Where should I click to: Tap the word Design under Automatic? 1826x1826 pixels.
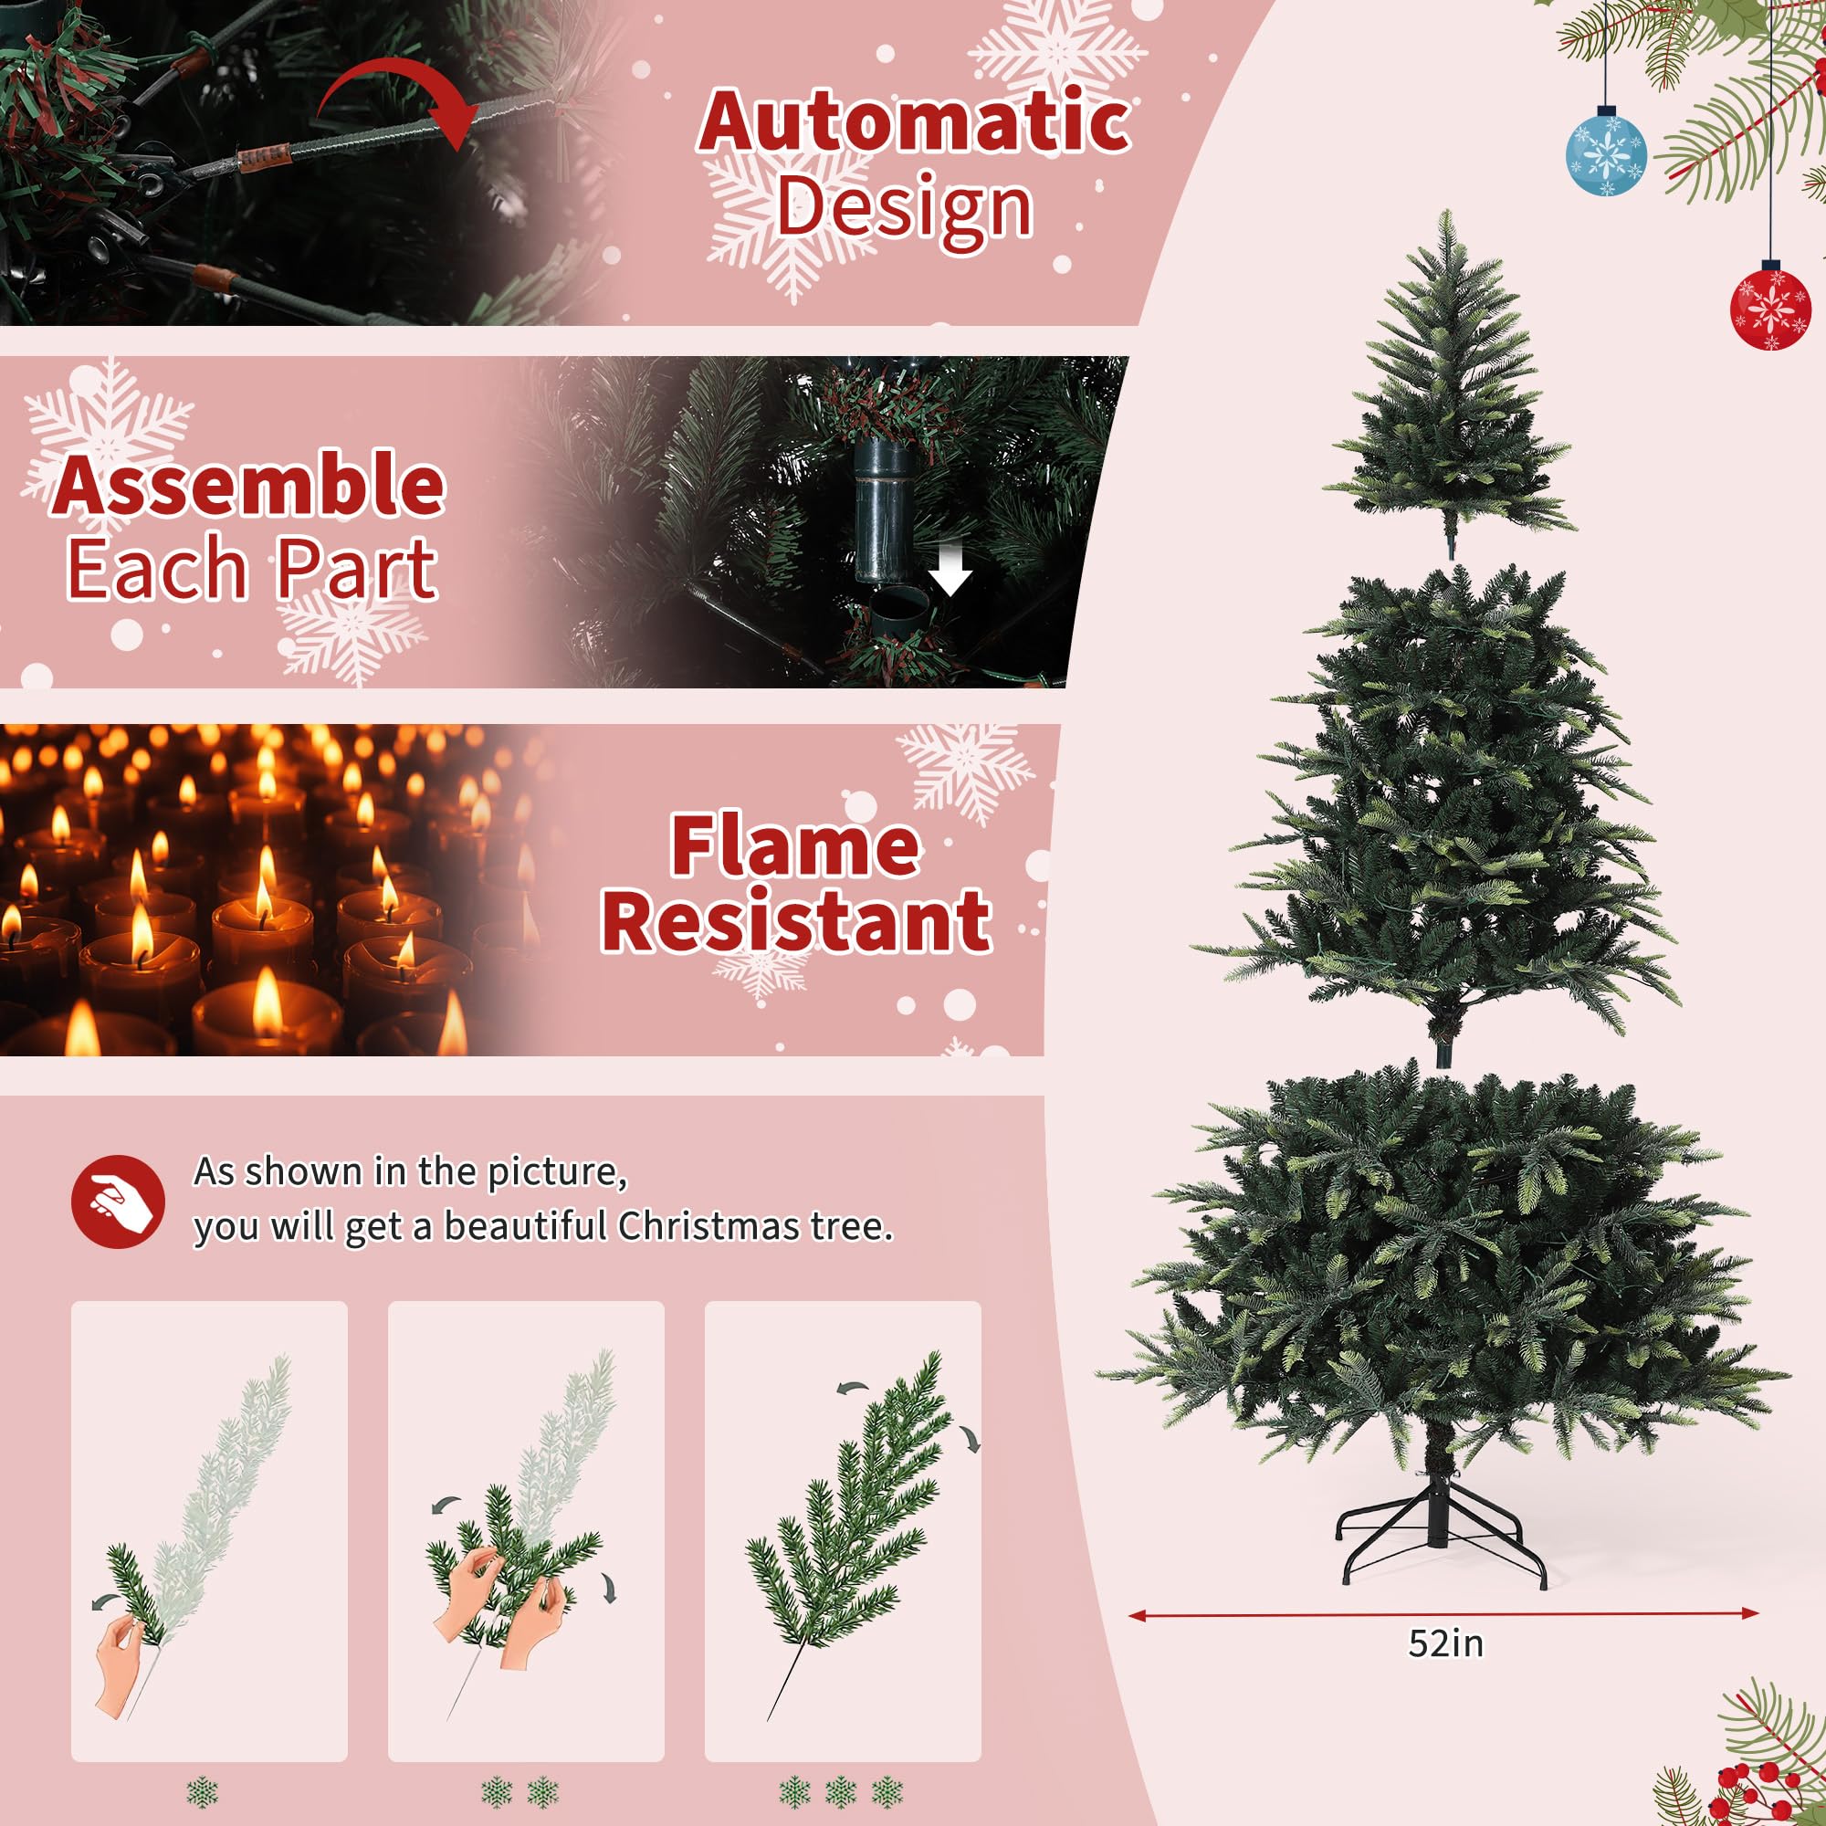(905, 206)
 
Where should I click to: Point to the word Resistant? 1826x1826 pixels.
(795, 921)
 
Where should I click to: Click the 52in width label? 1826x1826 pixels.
(1445, 1643)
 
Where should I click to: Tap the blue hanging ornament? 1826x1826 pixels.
(1606, 153)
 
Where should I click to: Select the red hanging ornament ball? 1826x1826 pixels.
(1770, 308)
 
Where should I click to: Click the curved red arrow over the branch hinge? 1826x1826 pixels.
(397, 100)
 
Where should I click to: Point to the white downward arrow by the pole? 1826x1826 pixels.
(949, 570)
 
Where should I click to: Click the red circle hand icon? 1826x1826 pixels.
(118, 1202)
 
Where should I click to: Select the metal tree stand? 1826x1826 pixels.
(1440, 1531)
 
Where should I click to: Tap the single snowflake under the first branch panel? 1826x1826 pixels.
(203, 1791)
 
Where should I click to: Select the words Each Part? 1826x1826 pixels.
(251, 568)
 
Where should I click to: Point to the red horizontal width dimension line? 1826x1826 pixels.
(1443, 1614)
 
